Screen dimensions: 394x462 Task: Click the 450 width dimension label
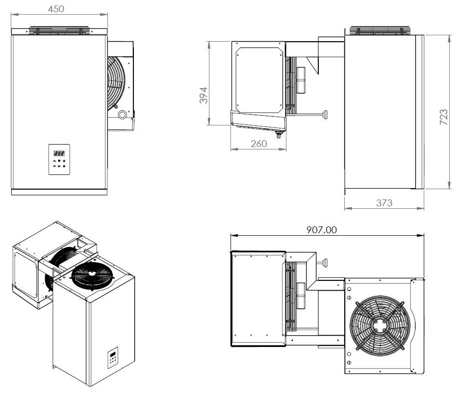click(x=56, y=9)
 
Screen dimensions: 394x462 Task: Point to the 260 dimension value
click(x=258, y=144)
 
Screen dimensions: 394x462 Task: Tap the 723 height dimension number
click(x=443, y=118)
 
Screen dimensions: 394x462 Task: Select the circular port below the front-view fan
click(x=122, y=115)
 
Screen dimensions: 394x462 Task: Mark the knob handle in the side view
click(x=324, y=114)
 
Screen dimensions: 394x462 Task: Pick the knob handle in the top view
click(x=324, y=263)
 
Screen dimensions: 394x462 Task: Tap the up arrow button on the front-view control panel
click(x=54, y=161)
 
